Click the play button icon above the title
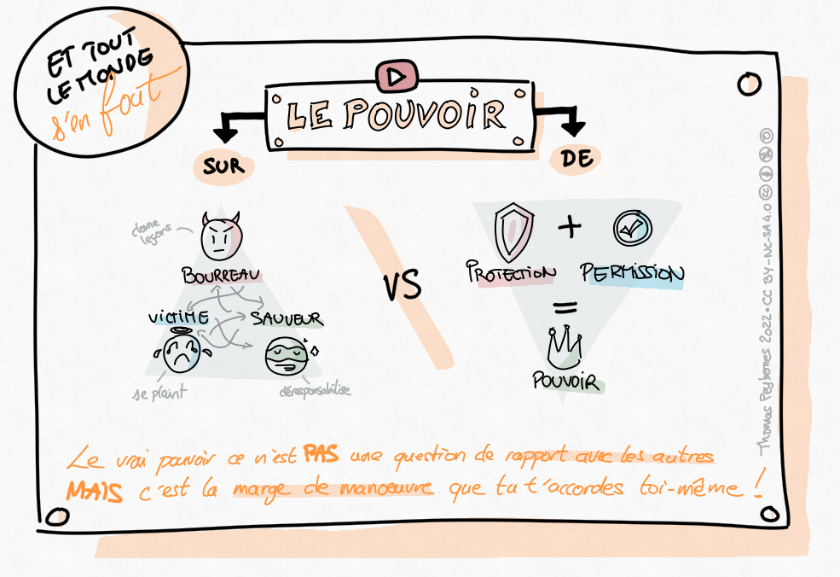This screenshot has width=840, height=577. click(395, 77)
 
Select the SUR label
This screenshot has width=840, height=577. click(223, 166)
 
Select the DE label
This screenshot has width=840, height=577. click(577, 158)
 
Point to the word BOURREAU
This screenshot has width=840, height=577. click(221, 275)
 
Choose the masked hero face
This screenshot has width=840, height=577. click(287, 358)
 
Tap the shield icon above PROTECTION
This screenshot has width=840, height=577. click(513, 231)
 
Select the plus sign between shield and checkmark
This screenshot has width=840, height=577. click(569, 227)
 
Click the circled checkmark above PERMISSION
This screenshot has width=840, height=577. click(632, 229)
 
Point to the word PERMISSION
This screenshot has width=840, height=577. click(632, 273)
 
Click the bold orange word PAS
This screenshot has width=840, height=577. click(322, 457)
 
